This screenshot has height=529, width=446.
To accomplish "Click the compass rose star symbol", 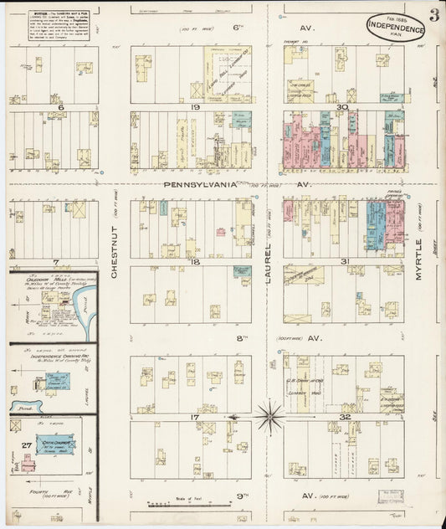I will [x=270, y=413].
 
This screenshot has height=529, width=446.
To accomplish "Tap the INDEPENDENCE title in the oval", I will [x=395, y=28].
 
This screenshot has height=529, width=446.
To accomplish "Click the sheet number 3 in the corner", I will [x=434, y=14].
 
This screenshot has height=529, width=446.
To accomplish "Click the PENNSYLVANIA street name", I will [x=202, y=184].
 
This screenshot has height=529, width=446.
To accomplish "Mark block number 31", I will [x=344, y=262].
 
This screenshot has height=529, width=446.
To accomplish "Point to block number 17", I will [x=194, y=416].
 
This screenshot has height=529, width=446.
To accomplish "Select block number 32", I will [x=344, y=416].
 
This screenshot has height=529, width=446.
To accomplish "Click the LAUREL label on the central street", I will [x=269, y=268].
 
